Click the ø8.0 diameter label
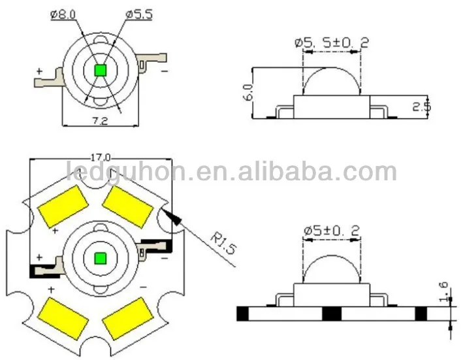[x=63, y=14]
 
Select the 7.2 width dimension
[x=100, y=120]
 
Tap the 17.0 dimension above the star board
[x=101, y=157]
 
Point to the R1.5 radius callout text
[x=223, y=243]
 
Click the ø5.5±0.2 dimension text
[x=332, y=43]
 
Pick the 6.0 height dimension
[x=248, y=92]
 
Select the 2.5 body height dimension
[x=422, y=106]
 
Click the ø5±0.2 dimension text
[x=332, y=231]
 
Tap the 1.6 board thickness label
[x=443, y=292]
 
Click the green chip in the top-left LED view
[x=101, y=71]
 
